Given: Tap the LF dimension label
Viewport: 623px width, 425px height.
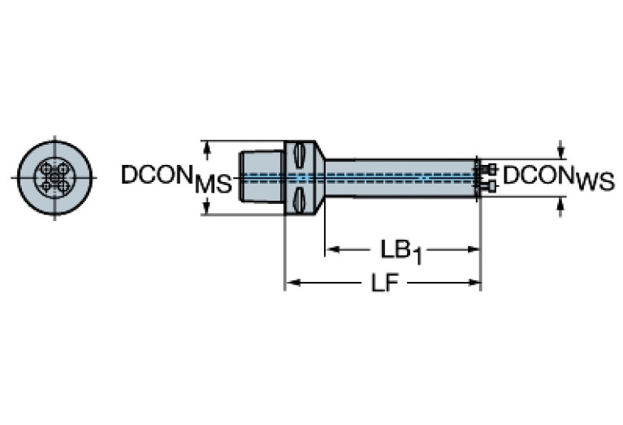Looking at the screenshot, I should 384,284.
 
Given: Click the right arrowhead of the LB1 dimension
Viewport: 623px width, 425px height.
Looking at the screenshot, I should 475,249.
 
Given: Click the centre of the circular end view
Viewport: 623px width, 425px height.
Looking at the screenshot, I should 54,177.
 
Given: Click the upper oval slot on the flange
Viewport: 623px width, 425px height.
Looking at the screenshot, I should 300,154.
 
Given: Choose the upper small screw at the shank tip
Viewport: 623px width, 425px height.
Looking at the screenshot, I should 489,169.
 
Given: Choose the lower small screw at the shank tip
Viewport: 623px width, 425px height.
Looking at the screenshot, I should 489,187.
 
